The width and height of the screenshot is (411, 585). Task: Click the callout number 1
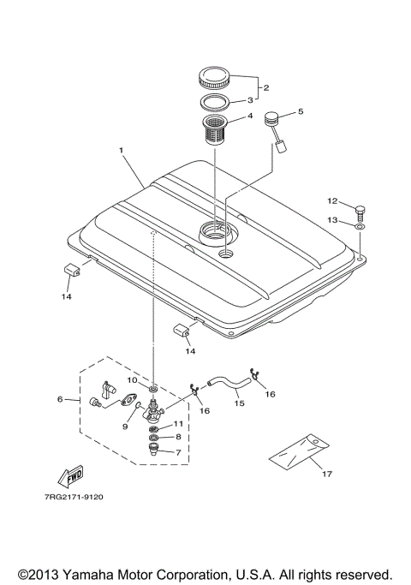tap(122, 150)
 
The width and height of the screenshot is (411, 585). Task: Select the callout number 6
tap(60, 399)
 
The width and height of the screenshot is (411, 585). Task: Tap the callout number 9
tap(124, 426)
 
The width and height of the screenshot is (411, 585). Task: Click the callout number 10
tap(133, 379)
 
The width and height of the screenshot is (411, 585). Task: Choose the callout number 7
tap(179, 451)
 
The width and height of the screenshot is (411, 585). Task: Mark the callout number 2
tap(266, 88)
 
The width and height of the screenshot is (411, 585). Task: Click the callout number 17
tap(325, 472)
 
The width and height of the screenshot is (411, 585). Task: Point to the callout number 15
tap(239, 402)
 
